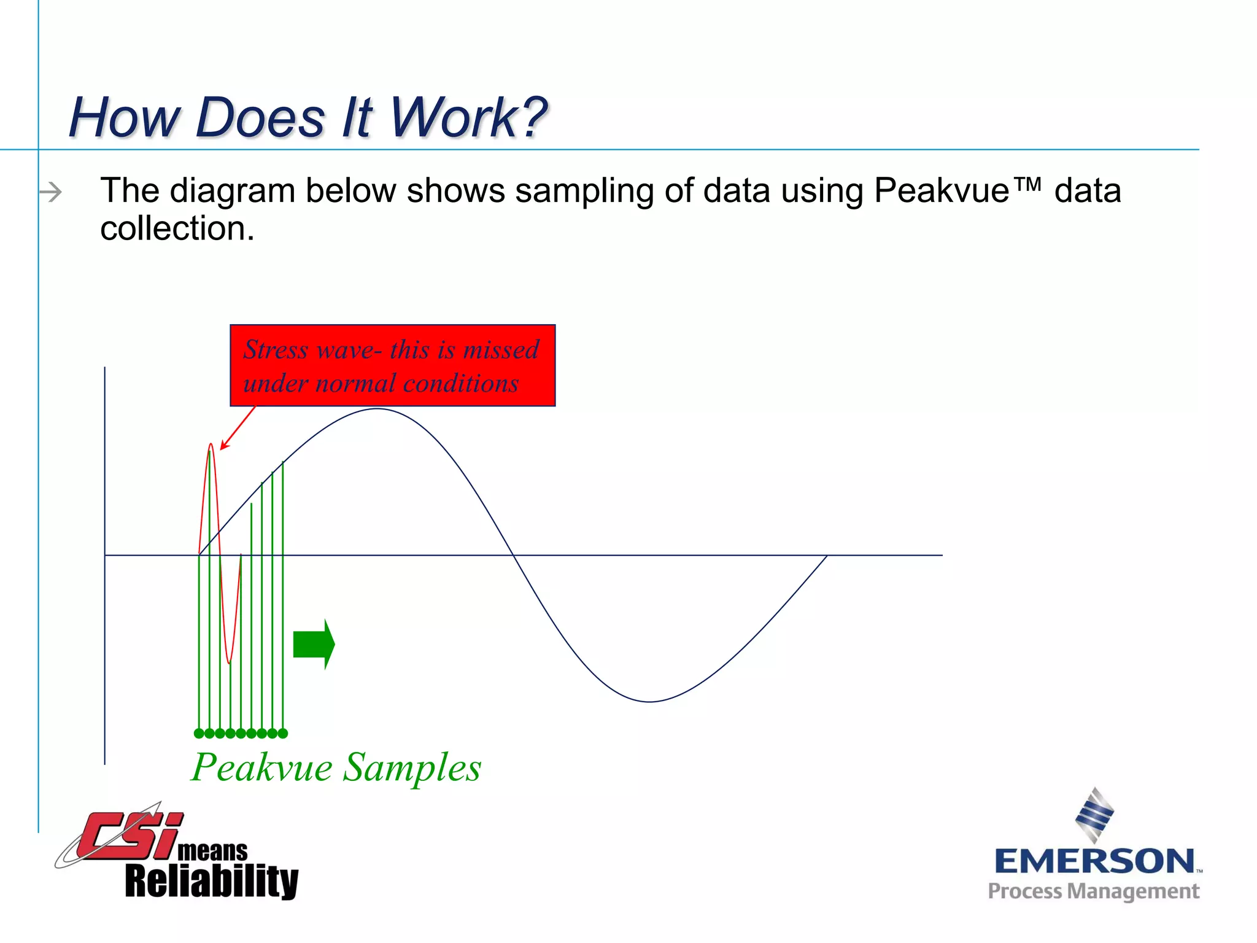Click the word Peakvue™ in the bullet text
pos(957,190)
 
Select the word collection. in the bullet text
pos(177,228)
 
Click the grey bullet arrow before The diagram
pos(51,192)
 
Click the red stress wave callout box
pos(393,365)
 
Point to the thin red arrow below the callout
pos(238,428)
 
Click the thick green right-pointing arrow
pos(314,644)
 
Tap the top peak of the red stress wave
pos(211,444)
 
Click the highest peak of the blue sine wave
pos(377,409)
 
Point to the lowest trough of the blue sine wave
pos(649,701)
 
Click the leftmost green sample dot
pos(199,733)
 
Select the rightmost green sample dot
pos(283,733)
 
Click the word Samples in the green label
pos(412,767)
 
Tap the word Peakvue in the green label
pos(262,767)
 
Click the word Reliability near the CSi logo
pos(212,881)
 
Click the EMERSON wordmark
pos(1094,861)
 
